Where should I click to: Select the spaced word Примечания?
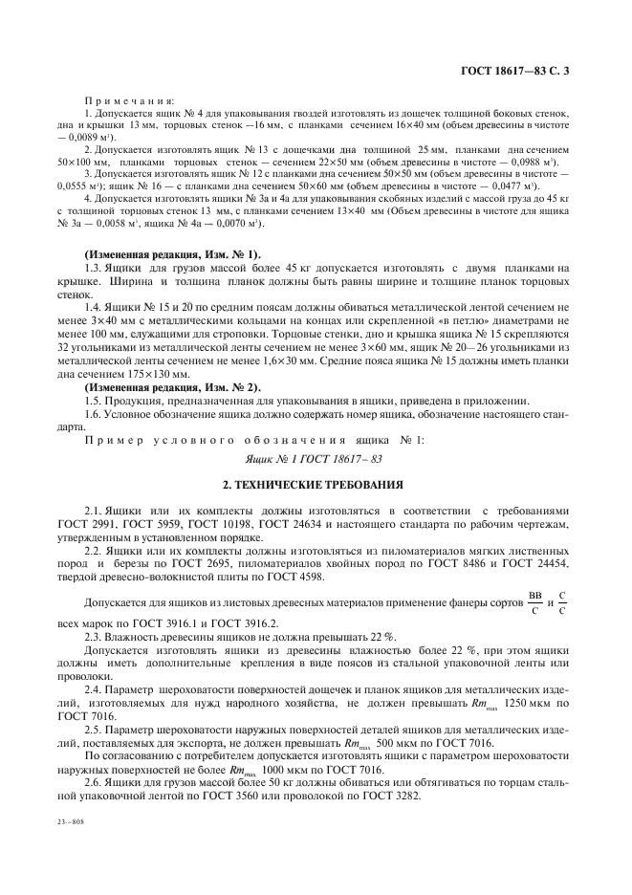(x=130, y=99)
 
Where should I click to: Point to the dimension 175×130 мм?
(x=132, y=373)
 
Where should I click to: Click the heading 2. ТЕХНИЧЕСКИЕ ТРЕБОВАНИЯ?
(x=316, y=485)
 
